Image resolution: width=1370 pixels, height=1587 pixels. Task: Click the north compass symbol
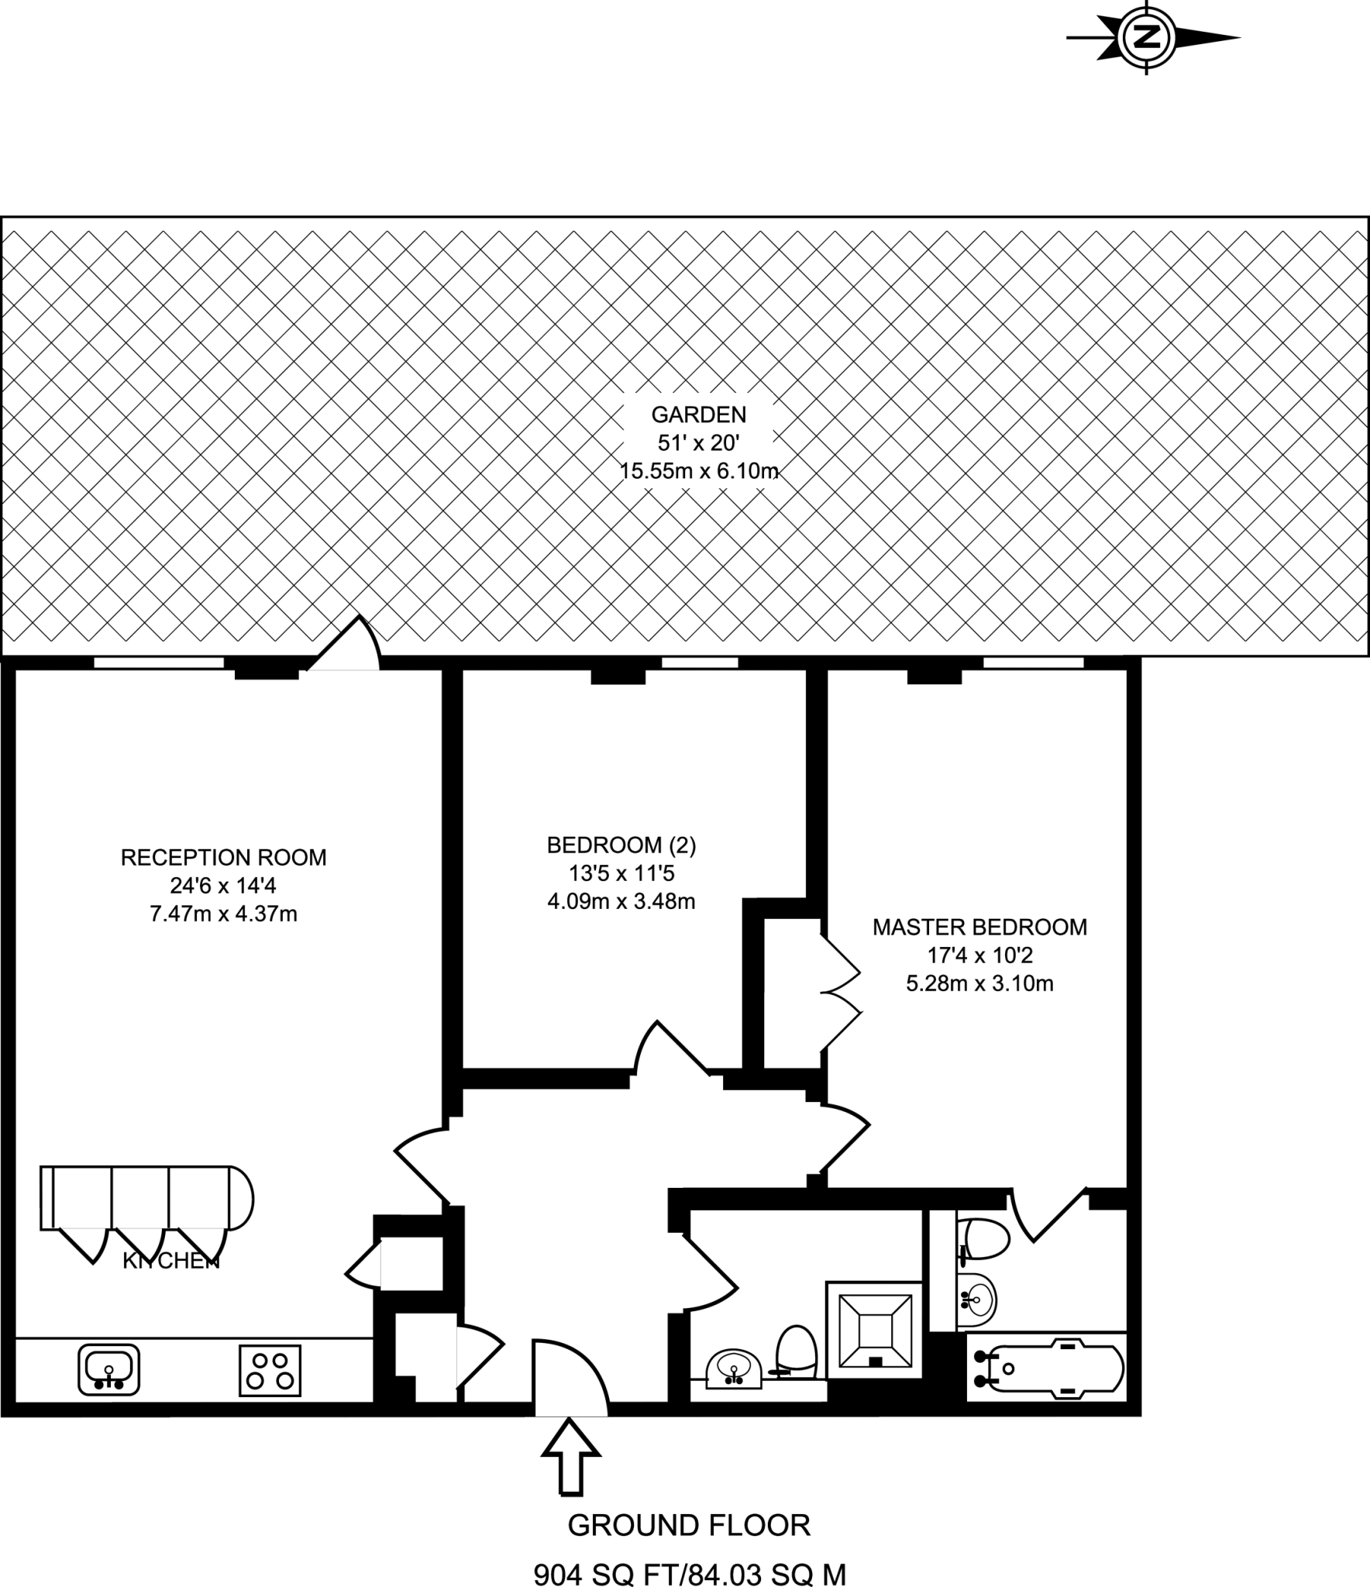coord(1148,37)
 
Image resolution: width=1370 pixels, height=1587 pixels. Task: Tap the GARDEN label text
coord(698,415)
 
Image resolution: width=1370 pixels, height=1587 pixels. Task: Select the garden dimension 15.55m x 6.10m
coord(698,470)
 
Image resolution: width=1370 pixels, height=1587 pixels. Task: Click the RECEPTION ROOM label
coord(223,857)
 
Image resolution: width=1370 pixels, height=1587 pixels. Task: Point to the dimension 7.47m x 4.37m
coord(223,914)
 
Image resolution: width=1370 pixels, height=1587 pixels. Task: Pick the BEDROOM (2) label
coord(621,845)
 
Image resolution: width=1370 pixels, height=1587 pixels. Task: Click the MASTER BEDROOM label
coord(979,927)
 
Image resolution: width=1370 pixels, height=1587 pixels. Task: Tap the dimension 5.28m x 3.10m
coord(979,983)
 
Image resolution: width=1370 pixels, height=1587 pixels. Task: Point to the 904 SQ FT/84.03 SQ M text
coord(690,1573)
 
